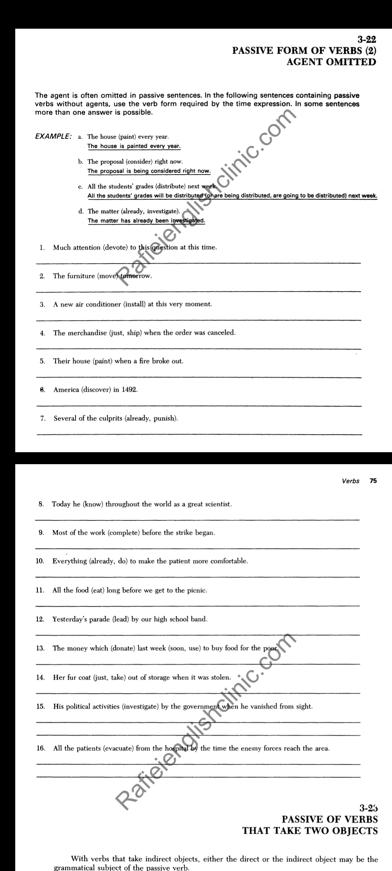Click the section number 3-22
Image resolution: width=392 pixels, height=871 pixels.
coord(367,40)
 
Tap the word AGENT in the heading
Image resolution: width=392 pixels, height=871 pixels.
coord(304,62)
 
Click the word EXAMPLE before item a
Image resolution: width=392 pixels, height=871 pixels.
coord(53,137)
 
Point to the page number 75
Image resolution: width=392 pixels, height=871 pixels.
coord(373,481)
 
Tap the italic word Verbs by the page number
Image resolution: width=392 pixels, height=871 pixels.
coord(351,481)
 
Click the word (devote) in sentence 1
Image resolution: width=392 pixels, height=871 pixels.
coord(115,248)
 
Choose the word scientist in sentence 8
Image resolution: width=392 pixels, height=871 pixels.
coord(216,504)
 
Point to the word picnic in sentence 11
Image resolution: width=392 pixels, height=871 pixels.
coord(196,590)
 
